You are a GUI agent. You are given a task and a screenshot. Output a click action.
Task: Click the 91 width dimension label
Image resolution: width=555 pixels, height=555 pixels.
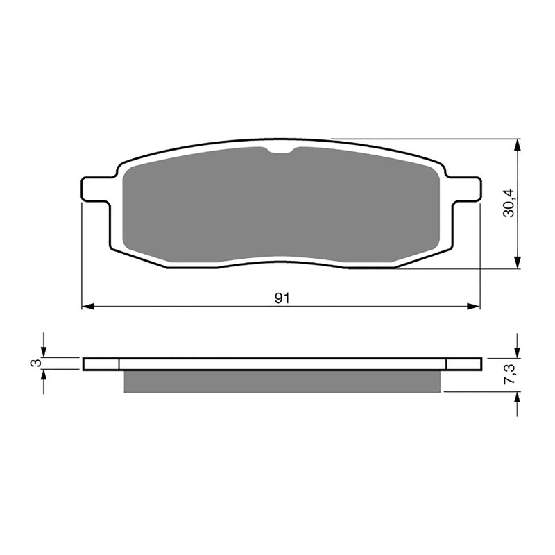[x=281, y=298]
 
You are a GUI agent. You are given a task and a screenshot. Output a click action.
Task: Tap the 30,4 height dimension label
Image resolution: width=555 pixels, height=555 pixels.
[x=510, y=204]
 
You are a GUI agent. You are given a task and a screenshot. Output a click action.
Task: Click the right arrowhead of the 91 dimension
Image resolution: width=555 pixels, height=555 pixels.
[x=475, y=306]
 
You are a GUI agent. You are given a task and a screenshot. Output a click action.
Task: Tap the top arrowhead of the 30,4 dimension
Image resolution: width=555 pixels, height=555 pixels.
[x=518, y=144]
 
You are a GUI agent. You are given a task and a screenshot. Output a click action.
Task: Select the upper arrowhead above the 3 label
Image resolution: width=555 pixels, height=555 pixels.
[x=44, y=352]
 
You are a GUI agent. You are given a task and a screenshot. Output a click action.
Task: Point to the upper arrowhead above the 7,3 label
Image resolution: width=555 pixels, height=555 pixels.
[x=518, y=352]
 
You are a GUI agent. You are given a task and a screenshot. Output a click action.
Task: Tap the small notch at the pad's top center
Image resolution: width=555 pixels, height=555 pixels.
[x=281, y=151]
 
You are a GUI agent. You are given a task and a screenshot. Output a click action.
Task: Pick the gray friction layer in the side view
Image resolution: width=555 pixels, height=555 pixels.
[x=281, y=381]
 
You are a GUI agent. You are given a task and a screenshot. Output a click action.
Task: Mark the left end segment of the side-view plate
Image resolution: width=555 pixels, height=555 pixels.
[x=101, y=364]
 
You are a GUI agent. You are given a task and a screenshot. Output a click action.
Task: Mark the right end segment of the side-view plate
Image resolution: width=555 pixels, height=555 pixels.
[x=463, y=364]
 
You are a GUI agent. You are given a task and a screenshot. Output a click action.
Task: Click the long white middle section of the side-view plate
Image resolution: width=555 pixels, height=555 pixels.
[x=281, y=364]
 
